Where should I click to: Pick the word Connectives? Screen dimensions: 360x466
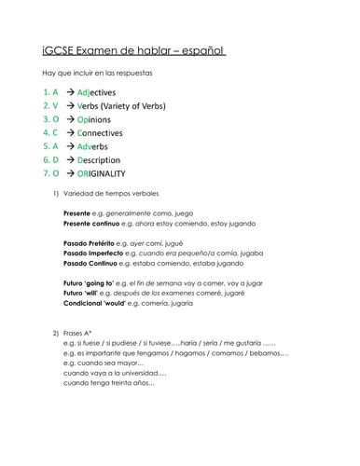[117, 133]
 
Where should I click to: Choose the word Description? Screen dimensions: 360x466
[115, 160]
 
